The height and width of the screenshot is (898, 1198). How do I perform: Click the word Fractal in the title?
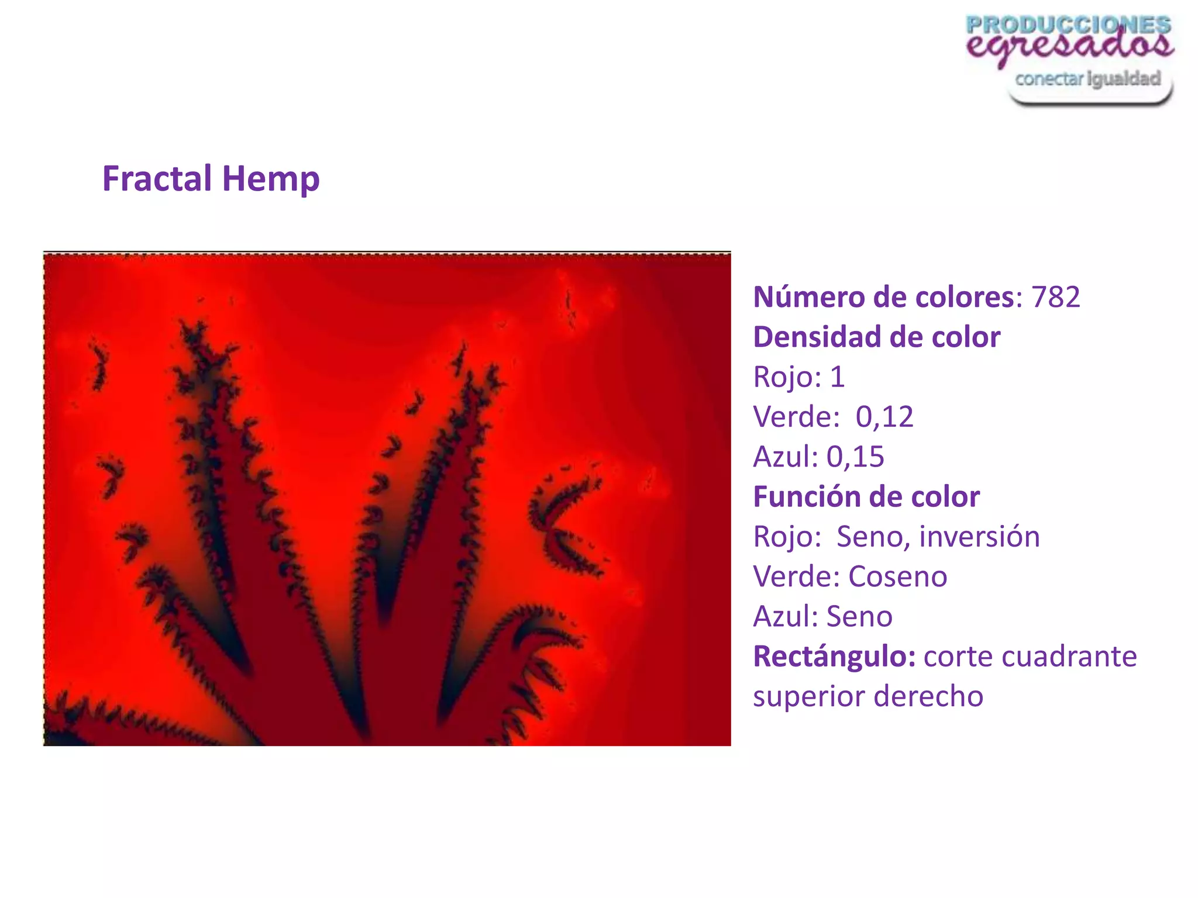157,178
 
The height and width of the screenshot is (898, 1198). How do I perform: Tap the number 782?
1055,297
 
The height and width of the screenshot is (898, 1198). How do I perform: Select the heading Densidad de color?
876,337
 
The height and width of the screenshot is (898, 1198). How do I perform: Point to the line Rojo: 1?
798,377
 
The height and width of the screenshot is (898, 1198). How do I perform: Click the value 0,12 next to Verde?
884,417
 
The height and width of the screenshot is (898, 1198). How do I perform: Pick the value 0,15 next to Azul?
855,457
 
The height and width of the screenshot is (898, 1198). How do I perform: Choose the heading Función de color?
866,497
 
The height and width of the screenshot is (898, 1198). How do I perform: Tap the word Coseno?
897,576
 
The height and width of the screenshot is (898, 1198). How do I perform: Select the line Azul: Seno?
822,616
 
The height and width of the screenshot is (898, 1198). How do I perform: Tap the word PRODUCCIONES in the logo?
1068,25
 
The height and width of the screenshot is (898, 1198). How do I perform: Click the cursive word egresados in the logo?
1069,46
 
